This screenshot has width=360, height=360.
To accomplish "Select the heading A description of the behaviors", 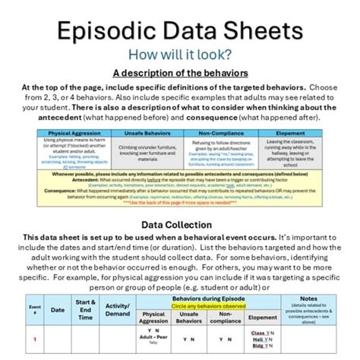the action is [x=180, y=73].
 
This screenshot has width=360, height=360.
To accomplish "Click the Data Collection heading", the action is [x=180, y=225].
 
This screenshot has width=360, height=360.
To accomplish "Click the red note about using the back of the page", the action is [x=180, y=203].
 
